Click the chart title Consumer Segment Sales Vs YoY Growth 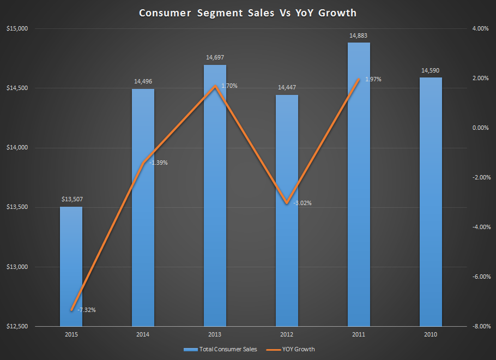pos(247,12)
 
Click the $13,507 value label pos(71,200)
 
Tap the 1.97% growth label pos(373,79)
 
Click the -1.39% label pos(158,163)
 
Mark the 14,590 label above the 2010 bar pos(430,70)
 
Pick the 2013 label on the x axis pos(215,334)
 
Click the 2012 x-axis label pos(287,334)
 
